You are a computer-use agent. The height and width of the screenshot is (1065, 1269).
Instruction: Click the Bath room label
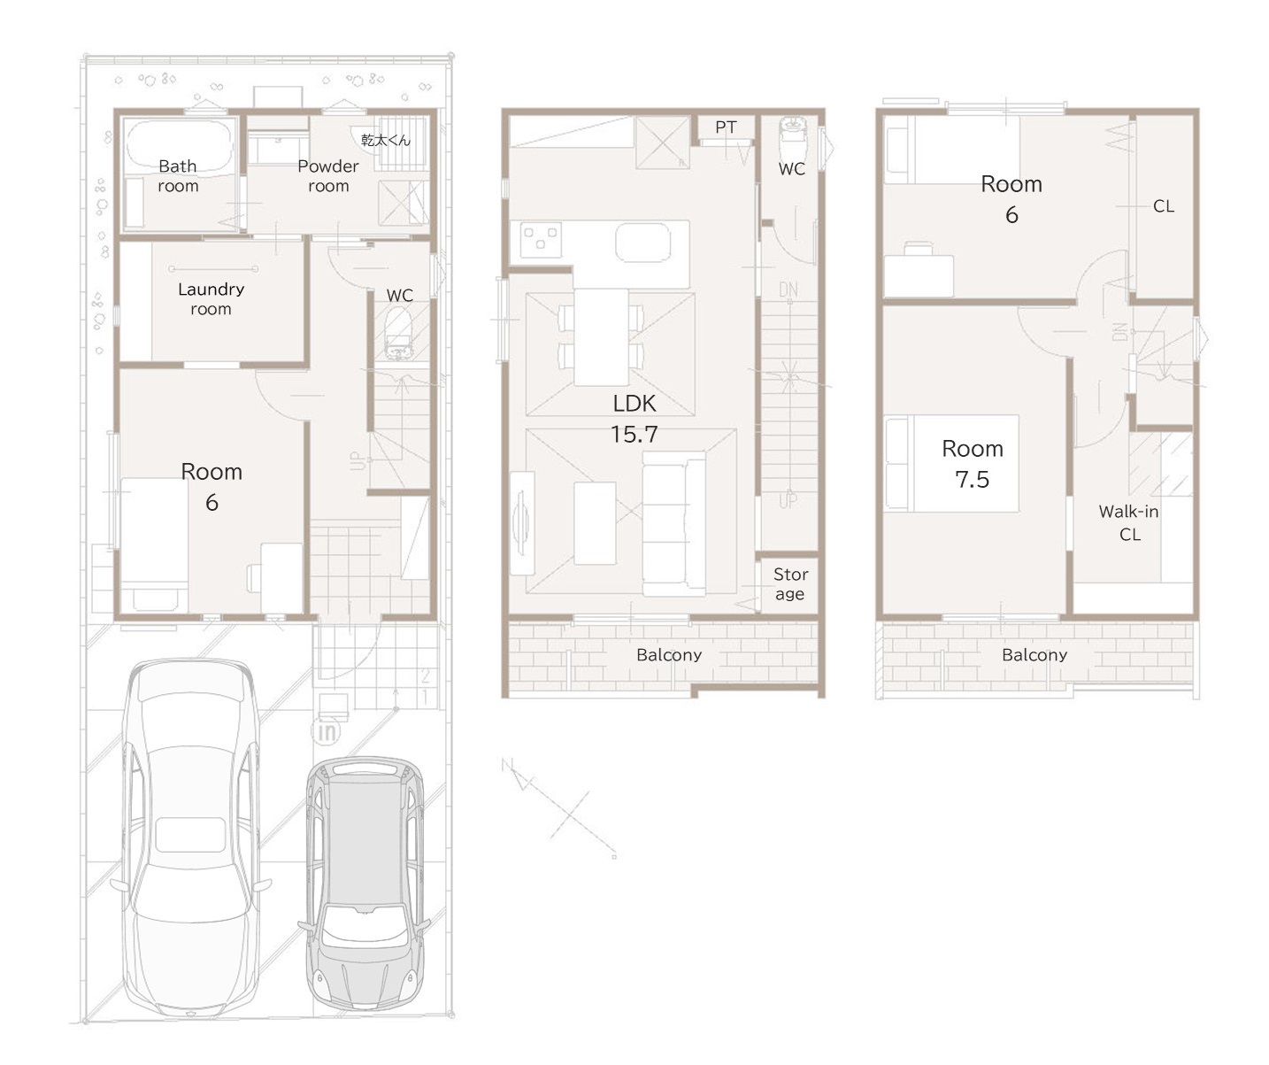[178, 175]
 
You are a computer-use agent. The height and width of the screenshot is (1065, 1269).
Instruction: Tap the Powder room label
[328, 175]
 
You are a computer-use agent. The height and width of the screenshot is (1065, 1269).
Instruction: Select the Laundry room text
[211, 298]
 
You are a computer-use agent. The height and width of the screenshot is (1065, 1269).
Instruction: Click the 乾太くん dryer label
[386, 140]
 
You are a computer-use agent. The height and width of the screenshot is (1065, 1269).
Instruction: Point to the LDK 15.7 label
[634, 418]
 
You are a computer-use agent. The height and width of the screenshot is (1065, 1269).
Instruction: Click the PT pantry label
[726, 127]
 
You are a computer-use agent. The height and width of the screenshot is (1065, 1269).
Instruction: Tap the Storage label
[791, 583]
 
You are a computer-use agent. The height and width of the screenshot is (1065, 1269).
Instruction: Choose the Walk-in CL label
[1128, 523]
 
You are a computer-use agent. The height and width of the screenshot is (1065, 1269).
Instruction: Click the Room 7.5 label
[973, 463]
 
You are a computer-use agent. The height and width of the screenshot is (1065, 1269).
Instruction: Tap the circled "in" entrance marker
[327, 732]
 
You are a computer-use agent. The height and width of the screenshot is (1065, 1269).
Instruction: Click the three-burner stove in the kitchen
[541, 240]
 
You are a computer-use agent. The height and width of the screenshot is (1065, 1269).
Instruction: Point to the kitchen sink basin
[643, 242]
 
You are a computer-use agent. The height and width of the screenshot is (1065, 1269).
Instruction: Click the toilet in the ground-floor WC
[399, 334]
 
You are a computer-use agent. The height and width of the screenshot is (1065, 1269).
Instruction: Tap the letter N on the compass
[506, 765]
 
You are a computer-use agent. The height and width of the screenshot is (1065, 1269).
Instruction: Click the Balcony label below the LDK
[669, 655]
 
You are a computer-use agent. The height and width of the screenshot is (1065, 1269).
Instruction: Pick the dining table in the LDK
[601, 336]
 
